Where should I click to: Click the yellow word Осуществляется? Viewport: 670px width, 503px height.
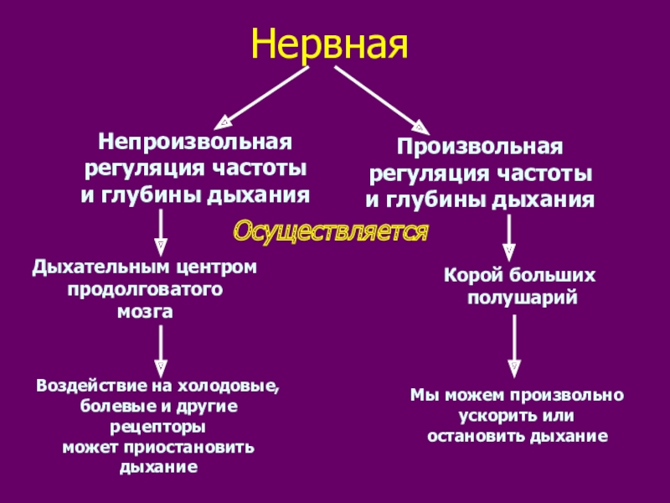point(329,231)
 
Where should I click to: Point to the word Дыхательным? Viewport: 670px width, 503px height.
point(103,267)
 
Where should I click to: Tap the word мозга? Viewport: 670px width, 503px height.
point(143,312)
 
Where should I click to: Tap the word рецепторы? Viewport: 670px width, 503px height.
point(157,427)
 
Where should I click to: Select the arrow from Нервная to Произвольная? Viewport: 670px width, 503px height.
point(378,96)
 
